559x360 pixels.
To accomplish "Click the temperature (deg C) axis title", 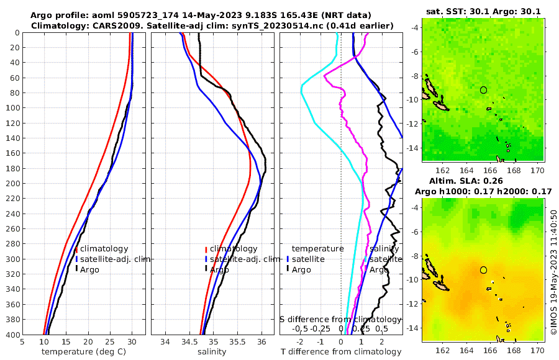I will [x=84, y=352].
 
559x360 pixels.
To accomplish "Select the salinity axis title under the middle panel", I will [x=211, y=352].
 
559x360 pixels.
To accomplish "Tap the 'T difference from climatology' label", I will [x=341, y=352].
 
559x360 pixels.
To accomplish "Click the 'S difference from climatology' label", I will [x=340, y=319].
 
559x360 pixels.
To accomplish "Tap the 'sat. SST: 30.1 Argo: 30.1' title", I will [x=483, y=11].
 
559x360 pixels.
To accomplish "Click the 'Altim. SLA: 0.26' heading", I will [x=483, y=181].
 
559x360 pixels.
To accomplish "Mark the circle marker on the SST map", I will [x=483, y=90].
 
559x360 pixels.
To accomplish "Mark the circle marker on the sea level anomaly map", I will [x=483, y=270].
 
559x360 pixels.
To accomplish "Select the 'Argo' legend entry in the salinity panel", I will [x=219, y=269].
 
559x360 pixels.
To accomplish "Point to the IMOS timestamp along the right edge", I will [x=553, y=272].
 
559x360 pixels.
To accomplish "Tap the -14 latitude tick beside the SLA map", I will [x=414, y=328].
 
